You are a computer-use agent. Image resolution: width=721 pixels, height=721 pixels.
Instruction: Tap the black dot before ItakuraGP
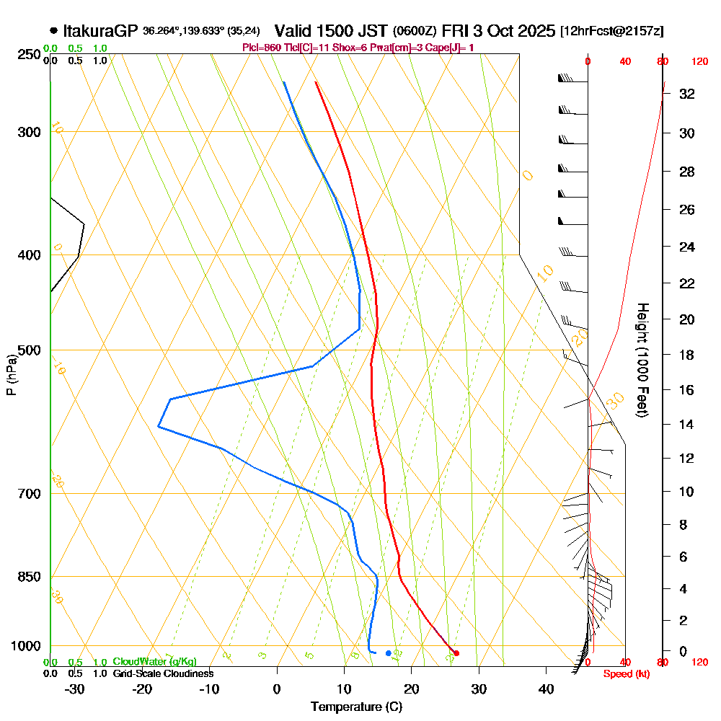[54, 31]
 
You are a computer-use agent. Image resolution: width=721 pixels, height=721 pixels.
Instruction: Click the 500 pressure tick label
[29, 350]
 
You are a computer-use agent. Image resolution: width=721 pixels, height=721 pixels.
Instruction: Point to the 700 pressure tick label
[29, 494]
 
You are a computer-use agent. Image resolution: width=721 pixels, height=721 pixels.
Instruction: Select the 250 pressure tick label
[29, 54]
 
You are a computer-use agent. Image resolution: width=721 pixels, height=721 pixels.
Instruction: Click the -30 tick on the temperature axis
[75, 689]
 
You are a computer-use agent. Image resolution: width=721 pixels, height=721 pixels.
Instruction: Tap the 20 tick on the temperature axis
[412, 689]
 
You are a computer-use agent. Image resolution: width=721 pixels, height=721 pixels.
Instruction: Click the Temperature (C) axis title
[356, 707]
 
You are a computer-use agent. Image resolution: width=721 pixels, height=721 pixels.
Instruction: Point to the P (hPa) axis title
[11, 374]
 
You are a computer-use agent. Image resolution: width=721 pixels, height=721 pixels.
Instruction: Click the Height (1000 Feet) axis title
[642, 360]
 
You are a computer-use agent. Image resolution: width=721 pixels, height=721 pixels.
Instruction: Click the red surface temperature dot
[456, 653]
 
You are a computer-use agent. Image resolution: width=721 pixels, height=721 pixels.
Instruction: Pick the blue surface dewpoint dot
[389, 653]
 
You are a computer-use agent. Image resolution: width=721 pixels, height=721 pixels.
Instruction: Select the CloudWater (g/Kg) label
[154, 662]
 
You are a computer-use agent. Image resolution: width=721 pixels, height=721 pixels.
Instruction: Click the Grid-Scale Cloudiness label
[162, 673]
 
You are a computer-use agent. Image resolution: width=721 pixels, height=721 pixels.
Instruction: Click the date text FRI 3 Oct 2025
[498, 31]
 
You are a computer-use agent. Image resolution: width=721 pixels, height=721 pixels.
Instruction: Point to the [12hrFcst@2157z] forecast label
[612, 31]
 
